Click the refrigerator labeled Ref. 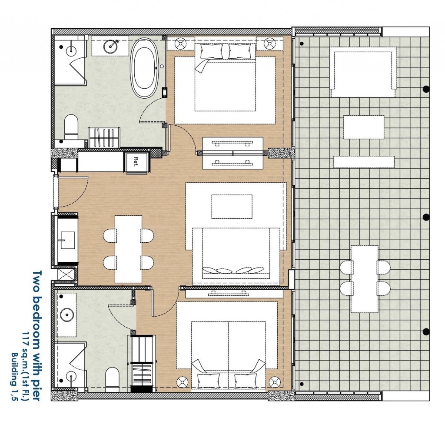[137, 163]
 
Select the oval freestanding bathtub [145, 68]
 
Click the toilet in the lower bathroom [113, 377]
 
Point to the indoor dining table [128, 249]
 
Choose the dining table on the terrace [365, 279]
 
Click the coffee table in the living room [232, 207]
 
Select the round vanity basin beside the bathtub [110, 46]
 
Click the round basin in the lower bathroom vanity [67, 314]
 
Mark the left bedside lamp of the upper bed [180, 43]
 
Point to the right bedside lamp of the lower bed [275, 382]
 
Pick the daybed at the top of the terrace [364, 72]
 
